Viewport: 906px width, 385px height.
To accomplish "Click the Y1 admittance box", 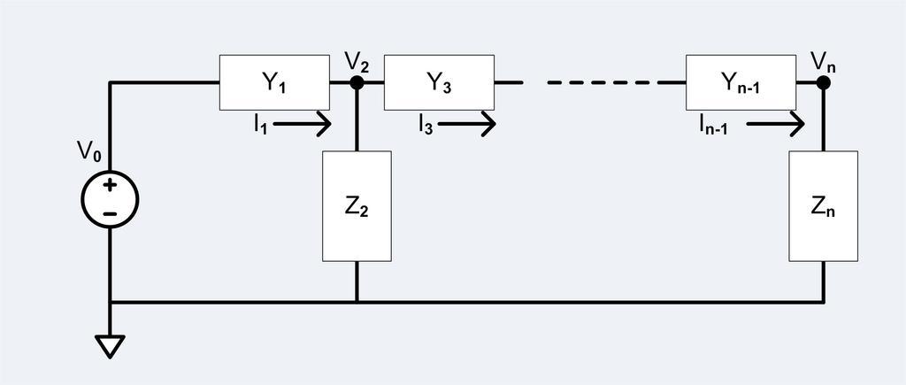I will coord(273,82).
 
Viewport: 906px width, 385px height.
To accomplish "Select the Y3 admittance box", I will coord(438,82).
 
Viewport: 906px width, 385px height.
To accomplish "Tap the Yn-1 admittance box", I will coord(741,82).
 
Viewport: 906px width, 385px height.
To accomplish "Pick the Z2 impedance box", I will coord(357,206).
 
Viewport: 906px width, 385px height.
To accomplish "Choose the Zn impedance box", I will coord(823,206).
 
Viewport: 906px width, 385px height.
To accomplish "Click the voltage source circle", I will coord(110,199).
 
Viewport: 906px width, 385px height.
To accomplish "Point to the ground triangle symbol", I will coord(110,346).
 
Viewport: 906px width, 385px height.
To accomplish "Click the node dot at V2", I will coord(357,83).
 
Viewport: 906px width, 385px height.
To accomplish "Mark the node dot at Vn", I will coord(823,83).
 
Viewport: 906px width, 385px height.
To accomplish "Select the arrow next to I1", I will coord(303,124).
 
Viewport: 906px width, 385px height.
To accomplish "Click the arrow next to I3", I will coord(467,124).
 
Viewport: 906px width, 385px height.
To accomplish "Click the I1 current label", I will coord(259,125).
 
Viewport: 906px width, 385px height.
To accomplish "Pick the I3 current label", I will coord(425,125).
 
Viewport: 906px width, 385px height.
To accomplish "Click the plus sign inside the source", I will coord(110,186).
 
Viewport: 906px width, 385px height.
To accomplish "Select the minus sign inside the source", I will coord(110,213).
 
